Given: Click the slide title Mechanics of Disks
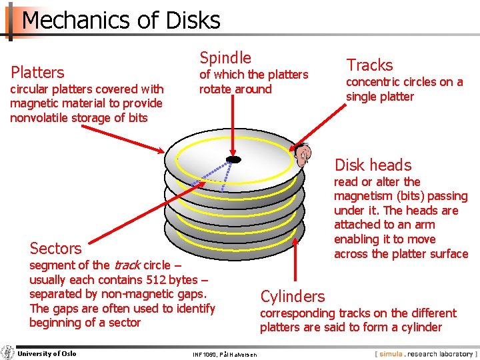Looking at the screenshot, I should pos(121,21).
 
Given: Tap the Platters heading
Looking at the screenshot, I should pos(37,72).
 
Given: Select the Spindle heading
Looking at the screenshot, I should pos(225,58).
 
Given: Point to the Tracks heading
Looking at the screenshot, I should pos(369,65).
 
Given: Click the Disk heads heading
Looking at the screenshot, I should pos(373,165).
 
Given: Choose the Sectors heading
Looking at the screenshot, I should pos(55,248).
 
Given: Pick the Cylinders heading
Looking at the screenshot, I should pos(293,296).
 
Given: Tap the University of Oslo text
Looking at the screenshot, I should pos(47,353).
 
